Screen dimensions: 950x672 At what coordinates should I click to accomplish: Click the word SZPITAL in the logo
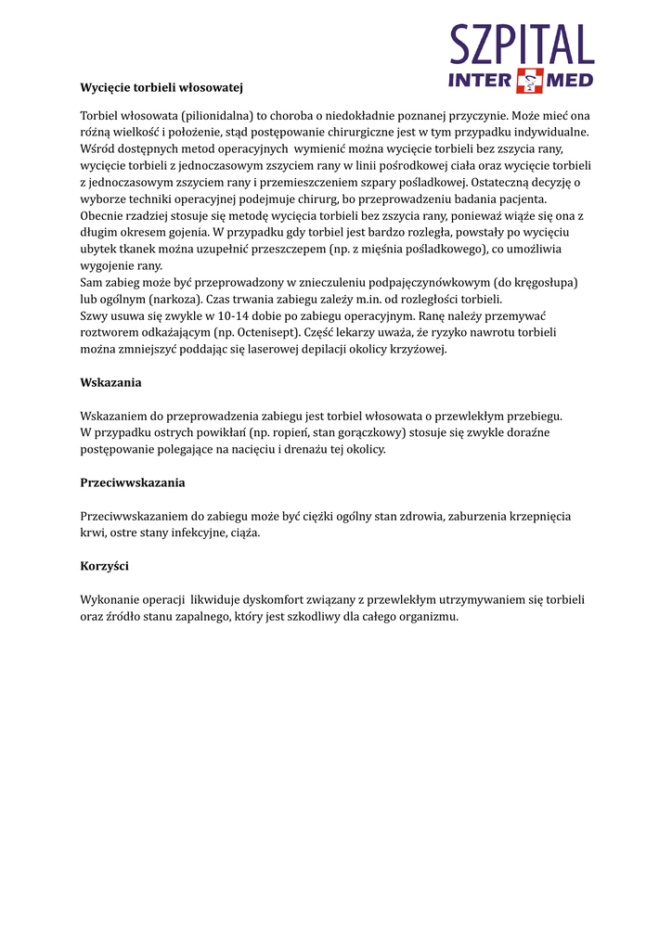522,44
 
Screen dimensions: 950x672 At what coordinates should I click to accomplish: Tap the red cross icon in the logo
528,81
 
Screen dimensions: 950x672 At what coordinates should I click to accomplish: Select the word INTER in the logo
480,81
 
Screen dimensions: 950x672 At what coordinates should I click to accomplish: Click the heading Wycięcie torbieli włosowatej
162,87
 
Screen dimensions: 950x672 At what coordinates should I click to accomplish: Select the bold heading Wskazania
110,382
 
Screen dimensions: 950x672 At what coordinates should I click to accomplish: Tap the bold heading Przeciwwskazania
133,482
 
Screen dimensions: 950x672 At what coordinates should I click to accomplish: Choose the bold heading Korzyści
104,566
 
